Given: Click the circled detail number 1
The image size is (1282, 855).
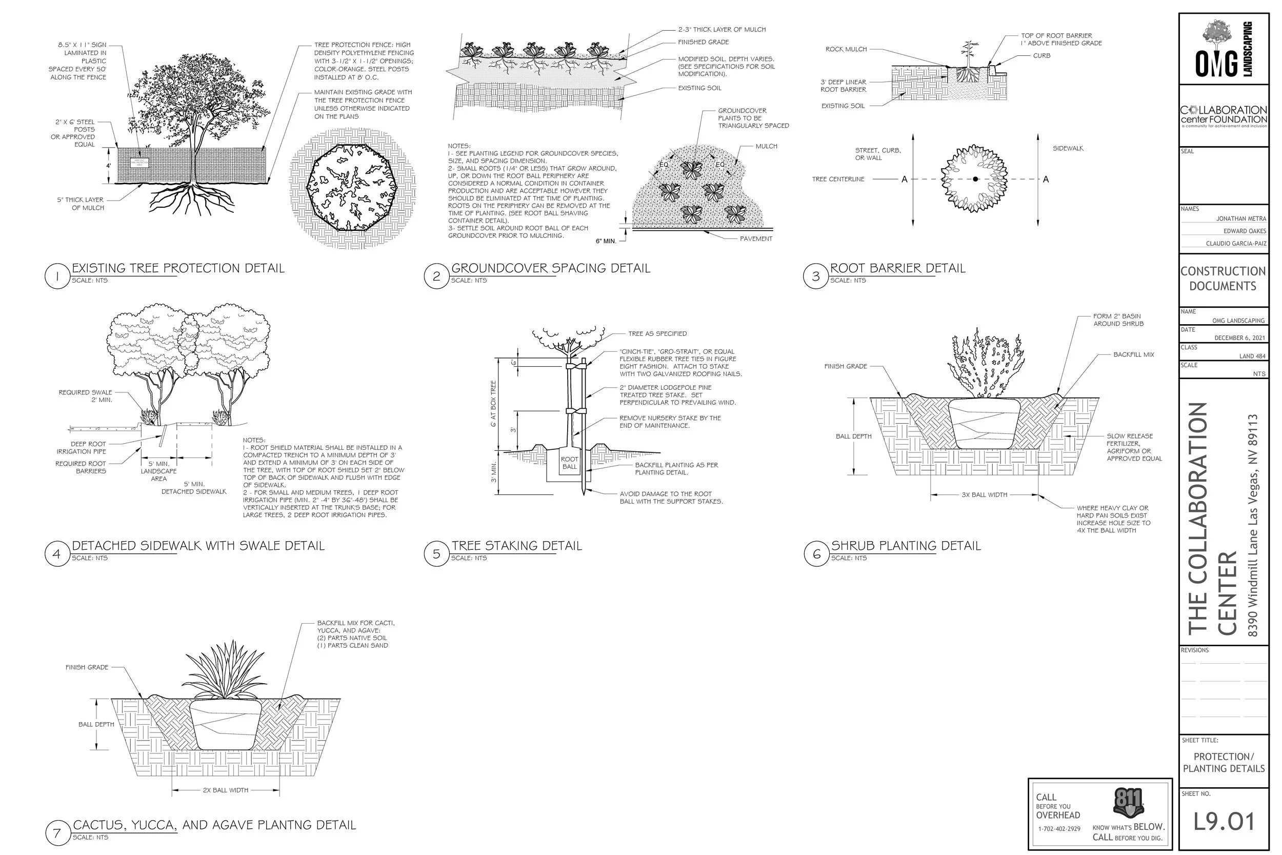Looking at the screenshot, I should [x=57, y=276].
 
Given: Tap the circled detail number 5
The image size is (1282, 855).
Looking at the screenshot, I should [x=436, y=554].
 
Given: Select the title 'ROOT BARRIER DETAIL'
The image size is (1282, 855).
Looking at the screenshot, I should [x=897, y=268].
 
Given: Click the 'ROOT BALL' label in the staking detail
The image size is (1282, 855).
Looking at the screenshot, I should [x=569, y=463].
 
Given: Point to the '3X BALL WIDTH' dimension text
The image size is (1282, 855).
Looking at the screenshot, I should [x=984, y=495].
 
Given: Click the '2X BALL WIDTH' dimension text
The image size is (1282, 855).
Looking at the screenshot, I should [x=225, y=790].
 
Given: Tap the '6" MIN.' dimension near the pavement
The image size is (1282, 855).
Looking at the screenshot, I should [x=606, y=241].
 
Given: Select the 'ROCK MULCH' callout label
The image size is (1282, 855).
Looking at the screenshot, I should [x=846, y=49].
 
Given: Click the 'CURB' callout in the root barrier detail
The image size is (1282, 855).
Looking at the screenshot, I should [x=1041, y=55].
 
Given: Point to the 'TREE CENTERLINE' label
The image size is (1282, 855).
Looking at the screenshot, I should [x=838, y=179].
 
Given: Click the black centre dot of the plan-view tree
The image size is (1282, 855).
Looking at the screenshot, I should [x=975, y=179].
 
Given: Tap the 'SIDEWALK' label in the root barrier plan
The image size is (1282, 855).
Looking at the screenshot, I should [x=1068, y=148].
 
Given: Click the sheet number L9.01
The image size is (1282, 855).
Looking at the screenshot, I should [x=1224, y=822].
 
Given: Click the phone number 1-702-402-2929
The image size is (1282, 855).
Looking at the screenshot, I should [x=1059, y=829].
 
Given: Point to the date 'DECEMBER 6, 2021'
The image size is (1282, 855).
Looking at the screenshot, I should [x=1239, y=338].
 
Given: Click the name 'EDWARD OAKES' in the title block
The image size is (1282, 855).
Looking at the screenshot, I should [x=1245, y=231].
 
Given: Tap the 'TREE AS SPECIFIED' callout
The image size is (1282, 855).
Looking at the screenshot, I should [x=657, y=334].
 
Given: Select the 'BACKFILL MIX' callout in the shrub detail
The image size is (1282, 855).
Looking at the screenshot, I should [x=1134, y=354].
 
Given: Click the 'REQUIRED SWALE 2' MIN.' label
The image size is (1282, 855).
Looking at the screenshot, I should [x=86, y=396].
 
